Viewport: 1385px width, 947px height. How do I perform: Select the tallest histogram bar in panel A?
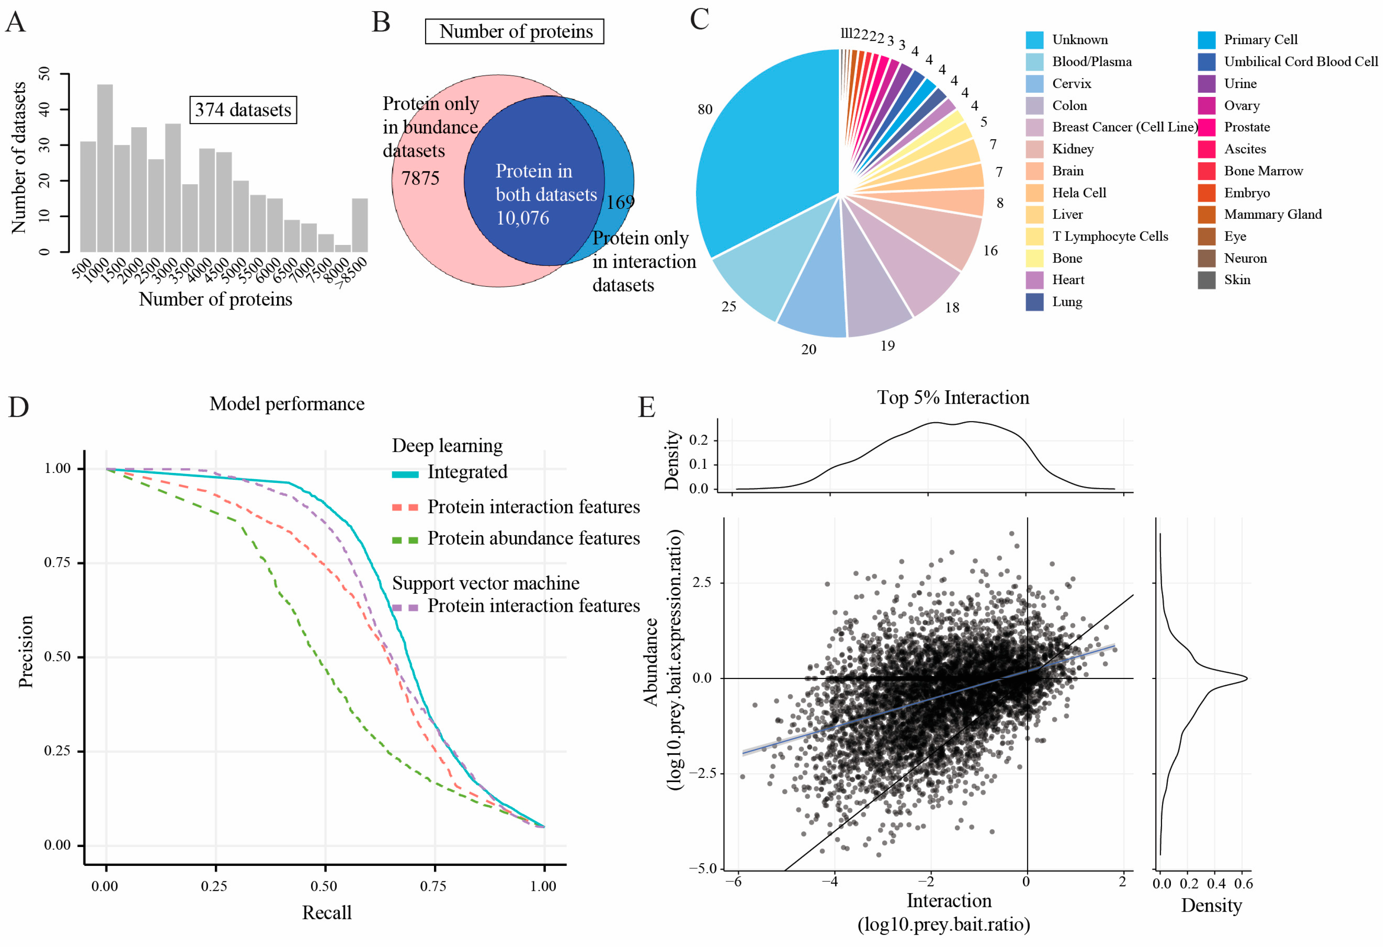click(x=105, y=168)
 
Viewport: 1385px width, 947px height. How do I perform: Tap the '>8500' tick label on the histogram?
click(x=352, y=273)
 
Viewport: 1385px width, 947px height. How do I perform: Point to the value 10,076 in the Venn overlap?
click(x=523, y=218)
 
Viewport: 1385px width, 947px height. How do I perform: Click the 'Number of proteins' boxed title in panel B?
click(x=514, y=32)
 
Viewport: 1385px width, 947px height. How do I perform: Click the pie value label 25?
click(x=728, y=307)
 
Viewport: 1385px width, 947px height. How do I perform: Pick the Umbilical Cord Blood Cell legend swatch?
click(x=1206, y=62)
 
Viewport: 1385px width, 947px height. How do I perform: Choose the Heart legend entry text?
click(x=1068, y=280)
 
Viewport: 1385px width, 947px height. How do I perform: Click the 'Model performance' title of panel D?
click(x=287, y=404)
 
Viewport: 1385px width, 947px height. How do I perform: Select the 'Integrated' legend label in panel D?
click(x=467, y=472)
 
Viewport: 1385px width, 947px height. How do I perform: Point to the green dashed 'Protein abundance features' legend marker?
click(x=405, y=540)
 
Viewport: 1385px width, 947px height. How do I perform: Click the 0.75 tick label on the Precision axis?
click(x=57, y=563)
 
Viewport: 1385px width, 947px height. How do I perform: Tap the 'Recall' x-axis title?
click(x=327, y=912)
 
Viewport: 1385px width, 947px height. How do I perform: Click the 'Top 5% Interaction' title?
click(x=953, y=398)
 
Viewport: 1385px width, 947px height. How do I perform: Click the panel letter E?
click(x=647, y=408)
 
